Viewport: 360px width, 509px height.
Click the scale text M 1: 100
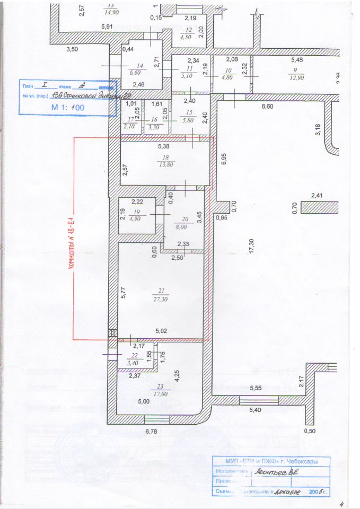click(67, 107)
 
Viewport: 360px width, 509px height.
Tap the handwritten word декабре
click(284, 492)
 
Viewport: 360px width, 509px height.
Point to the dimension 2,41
click(317, 195)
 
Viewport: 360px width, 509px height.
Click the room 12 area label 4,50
click(186, 37)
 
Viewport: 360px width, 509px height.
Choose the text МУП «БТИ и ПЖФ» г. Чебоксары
click(272, 461)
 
